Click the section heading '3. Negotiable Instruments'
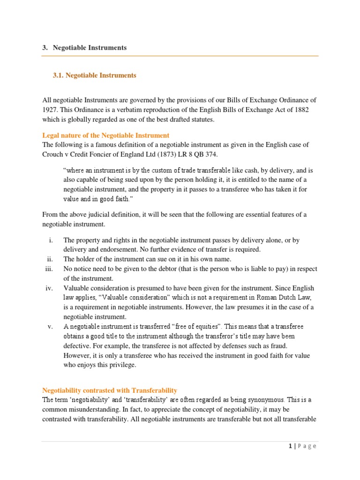[84, 48]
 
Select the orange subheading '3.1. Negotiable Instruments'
[95, 75]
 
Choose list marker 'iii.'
[49, 269]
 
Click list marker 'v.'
[50, 326]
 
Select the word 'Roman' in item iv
[265, 298]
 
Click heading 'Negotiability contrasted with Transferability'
[110, 390]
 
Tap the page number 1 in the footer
[290, 446]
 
